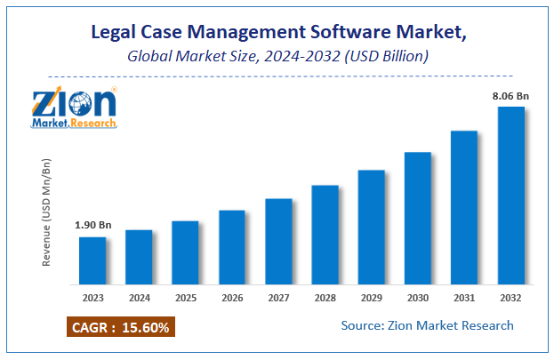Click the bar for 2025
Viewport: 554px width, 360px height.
(x=185, y=252)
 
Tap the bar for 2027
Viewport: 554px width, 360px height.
(x=278, y=241)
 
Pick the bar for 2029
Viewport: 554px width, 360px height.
(x=371, y=227)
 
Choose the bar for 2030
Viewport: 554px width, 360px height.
(x=417, y=218)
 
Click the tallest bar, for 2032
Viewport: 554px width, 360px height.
(x=510, y=196)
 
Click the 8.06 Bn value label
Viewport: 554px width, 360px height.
(x=510, y=95)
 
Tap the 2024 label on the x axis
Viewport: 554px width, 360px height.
(x=139, y=299)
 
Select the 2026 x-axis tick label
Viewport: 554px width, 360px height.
(x=231, y=299)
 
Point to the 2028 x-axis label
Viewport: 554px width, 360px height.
(x=325, y=299)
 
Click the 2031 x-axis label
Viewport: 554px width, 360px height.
(x=464, y=299)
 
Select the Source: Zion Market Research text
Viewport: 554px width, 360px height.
(x=427, y=325)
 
